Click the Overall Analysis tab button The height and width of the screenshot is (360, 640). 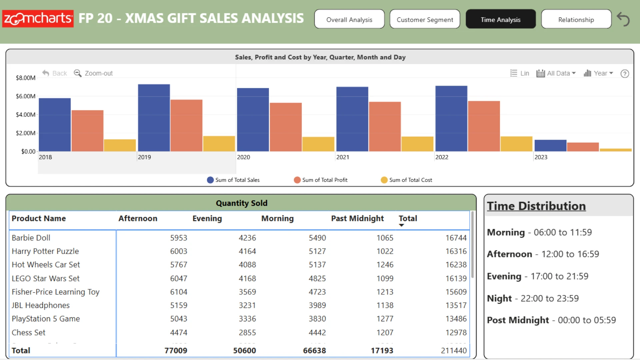349,19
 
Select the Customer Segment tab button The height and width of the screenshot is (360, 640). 425,19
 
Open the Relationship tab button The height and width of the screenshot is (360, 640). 576,19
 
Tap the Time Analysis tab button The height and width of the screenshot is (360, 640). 501,19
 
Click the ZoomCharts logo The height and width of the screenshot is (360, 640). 38,19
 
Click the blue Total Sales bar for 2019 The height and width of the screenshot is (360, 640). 154,118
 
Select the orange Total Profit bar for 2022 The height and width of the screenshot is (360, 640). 484,126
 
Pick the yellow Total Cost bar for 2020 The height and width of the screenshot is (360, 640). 318,144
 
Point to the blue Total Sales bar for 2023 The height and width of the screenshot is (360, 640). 550,146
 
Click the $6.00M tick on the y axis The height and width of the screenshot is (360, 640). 26,96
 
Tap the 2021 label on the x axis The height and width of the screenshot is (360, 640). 343,157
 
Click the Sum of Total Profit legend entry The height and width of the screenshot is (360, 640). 321,180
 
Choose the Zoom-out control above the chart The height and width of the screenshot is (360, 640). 93,73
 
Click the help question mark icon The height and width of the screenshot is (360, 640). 625,74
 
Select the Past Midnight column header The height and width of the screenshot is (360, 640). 357,218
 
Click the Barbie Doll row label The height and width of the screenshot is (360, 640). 31,238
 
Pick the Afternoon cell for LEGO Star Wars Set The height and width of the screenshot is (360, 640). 179,278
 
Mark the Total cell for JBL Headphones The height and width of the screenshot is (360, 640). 456,305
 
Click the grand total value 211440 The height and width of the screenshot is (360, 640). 454,350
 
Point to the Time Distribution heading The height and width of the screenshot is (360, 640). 536,206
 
